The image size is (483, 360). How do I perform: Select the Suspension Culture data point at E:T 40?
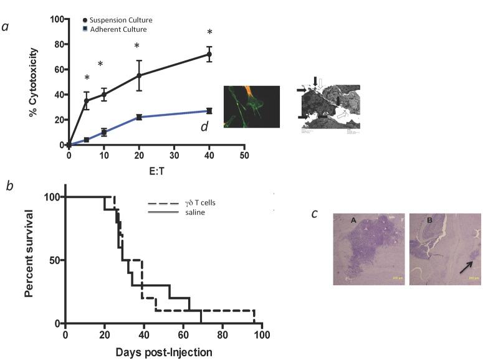coord(209,55)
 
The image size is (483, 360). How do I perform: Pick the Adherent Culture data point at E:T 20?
coord(139,117)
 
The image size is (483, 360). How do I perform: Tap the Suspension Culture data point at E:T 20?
coord(139,75)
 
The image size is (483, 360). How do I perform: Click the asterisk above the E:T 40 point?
coord(209,32)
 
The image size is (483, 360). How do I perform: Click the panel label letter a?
coord(6,27)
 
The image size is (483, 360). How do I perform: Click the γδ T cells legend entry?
coord(186,204)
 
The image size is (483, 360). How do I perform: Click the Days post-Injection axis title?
coord(163,352)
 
